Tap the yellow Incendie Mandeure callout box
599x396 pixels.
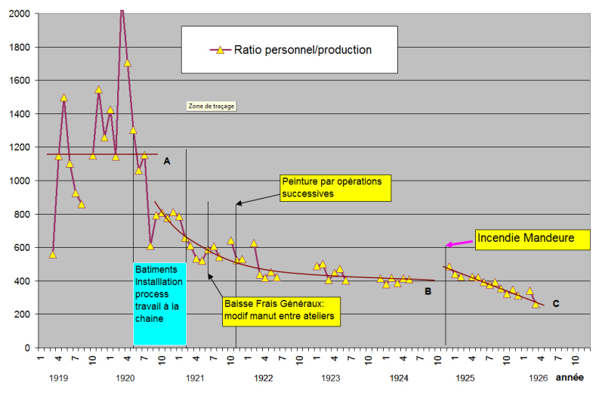527,240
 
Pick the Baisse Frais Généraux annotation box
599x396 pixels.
281,311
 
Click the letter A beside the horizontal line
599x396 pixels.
166,161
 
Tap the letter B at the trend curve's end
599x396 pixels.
428,291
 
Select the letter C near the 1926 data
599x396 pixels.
555,304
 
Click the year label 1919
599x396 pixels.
57,377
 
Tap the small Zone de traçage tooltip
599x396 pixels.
212,107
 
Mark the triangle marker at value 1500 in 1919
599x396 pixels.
64,97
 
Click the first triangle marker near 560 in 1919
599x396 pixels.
52,254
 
